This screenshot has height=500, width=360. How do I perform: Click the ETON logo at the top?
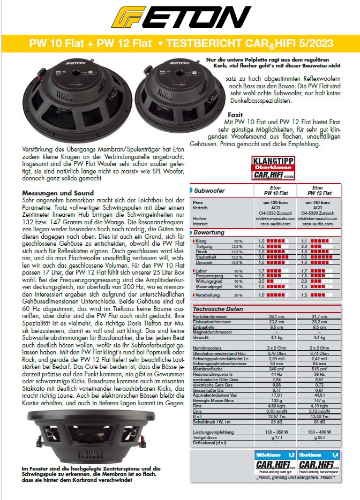coord(180,18)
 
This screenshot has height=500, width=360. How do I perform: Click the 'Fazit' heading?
coord(236,115)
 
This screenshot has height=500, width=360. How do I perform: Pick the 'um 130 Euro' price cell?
coord(317,203)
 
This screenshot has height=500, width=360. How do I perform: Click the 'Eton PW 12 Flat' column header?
coord(317,190)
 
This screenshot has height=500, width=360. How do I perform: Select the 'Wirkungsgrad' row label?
coord(210,281)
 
